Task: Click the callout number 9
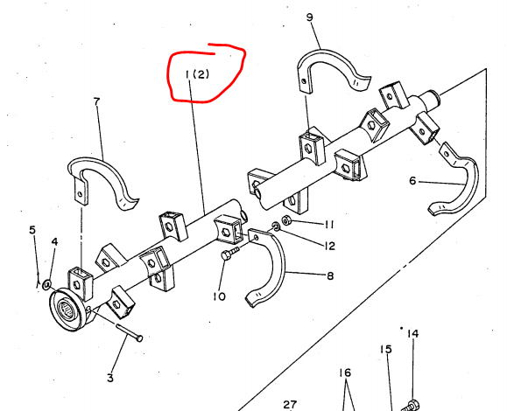[309, 17]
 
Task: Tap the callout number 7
[96, 102]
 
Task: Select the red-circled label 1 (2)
[197, 74]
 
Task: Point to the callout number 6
[412, 181]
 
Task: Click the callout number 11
[329, 225]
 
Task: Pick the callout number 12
[329, 247]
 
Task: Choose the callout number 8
[330, 275]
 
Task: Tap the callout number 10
[219, 296]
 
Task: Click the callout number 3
[110, 378]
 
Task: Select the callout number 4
[54, 241]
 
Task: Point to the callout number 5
[32, 230]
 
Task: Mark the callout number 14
[413, 333]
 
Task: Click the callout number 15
[386, 349]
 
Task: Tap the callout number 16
[345, 373]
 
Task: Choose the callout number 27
[290, 404]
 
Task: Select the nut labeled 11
[285, 220]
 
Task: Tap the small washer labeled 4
[46, 285]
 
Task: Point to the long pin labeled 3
[130, 332]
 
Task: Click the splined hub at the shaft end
[67, 310]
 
